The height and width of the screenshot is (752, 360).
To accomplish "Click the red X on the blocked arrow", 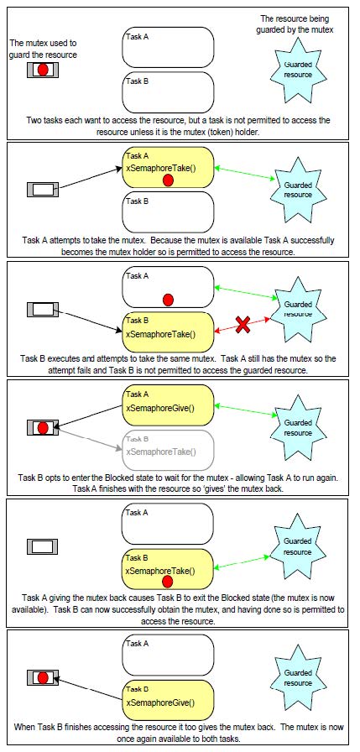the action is point(243,325).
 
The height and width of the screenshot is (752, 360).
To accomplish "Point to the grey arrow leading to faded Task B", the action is point(88,438).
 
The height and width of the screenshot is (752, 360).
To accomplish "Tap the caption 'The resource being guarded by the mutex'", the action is point(297,24).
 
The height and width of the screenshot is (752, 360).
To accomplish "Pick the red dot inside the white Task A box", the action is point(168,300).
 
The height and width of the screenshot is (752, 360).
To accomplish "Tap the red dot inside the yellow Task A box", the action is point(168,180).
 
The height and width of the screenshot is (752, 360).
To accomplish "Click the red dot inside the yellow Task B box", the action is point(167,582).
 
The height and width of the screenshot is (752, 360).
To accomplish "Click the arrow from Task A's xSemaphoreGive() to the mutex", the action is point(89,415).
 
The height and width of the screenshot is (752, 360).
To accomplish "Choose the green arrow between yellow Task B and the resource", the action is point(241,562).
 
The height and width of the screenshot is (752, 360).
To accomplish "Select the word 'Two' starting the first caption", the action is point(34,120).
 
